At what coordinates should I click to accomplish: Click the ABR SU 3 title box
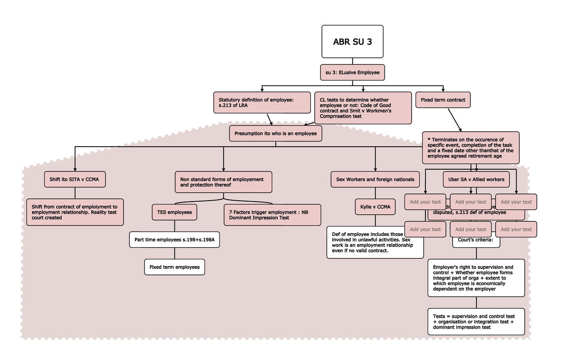click(352, 41)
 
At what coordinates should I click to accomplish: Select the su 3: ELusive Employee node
click(352, 72)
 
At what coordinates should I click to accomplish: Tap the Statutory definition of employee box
click(262, 102)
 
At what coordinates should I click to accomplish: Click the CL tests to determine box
click(362, 108)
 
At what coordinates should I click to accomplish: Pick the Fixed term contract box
click(443, 100)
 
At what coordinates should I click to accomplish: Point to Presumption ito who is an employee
click(275, 133)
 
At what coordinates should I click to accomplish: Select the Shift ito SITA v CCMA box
click(74, 179)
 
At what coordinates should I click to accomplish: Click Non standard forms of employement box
click(223, 182)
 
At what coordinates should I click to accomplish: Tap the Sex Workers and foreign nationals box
click(375, 179)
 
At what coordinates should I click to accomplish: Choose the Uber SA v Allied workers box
click(476, 179)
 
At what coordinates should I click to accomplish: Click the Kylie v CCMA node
click(375, 207)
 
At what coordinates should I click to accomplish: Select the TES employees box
click(174, 212)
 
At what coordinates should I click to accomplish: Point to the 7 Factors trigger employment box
click(272, 215)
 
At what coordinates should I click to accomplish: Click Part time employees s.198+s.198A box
click(174, 240)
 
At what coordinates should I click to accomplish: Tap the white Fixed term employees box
click(174, 267)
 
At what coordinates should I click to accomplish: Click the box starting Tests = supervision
click(476, 322)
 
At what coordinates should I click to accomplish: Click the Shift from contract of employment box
click(75, 212)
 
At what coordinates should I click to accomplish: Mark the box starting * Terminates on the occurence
click(470, 148)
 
